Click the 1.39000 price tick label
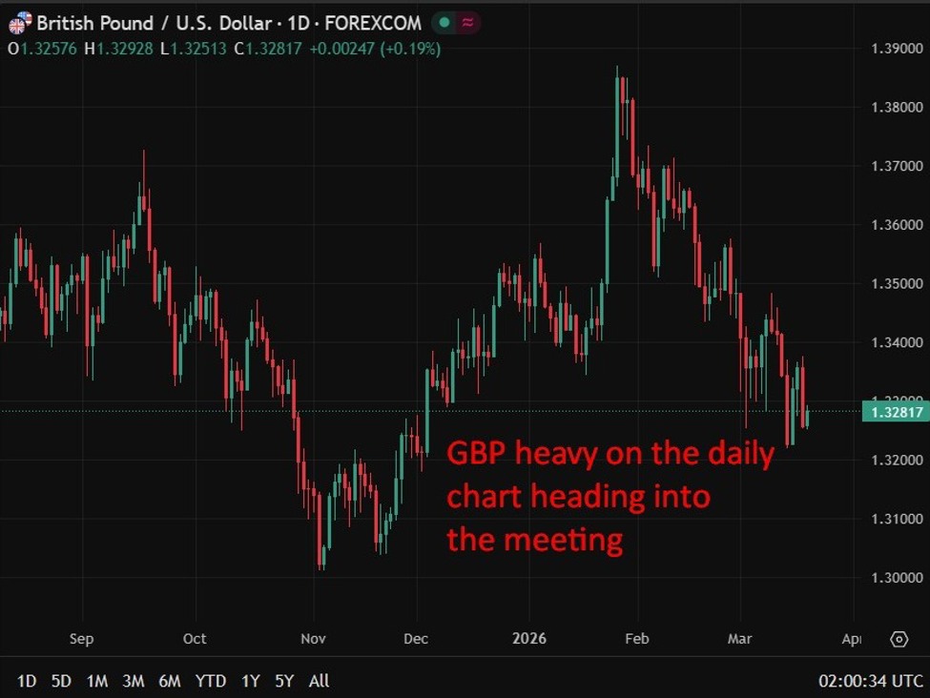898,48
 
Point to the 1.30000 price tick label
898,578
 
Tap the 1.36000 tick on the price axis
898,225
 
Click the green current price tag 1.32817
895,412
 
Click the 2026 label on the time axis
529,639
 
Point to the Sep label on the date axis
81,639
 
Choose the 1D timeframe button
27,681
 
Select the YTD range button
210,681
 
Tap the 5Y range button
284,681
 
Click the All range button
320,681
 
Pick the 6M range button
170,681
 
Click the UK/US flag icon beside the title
19,21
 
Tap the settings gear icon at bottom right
899,639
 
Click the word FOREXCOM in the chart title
373,22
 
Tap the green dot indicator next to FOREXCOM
444,22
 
